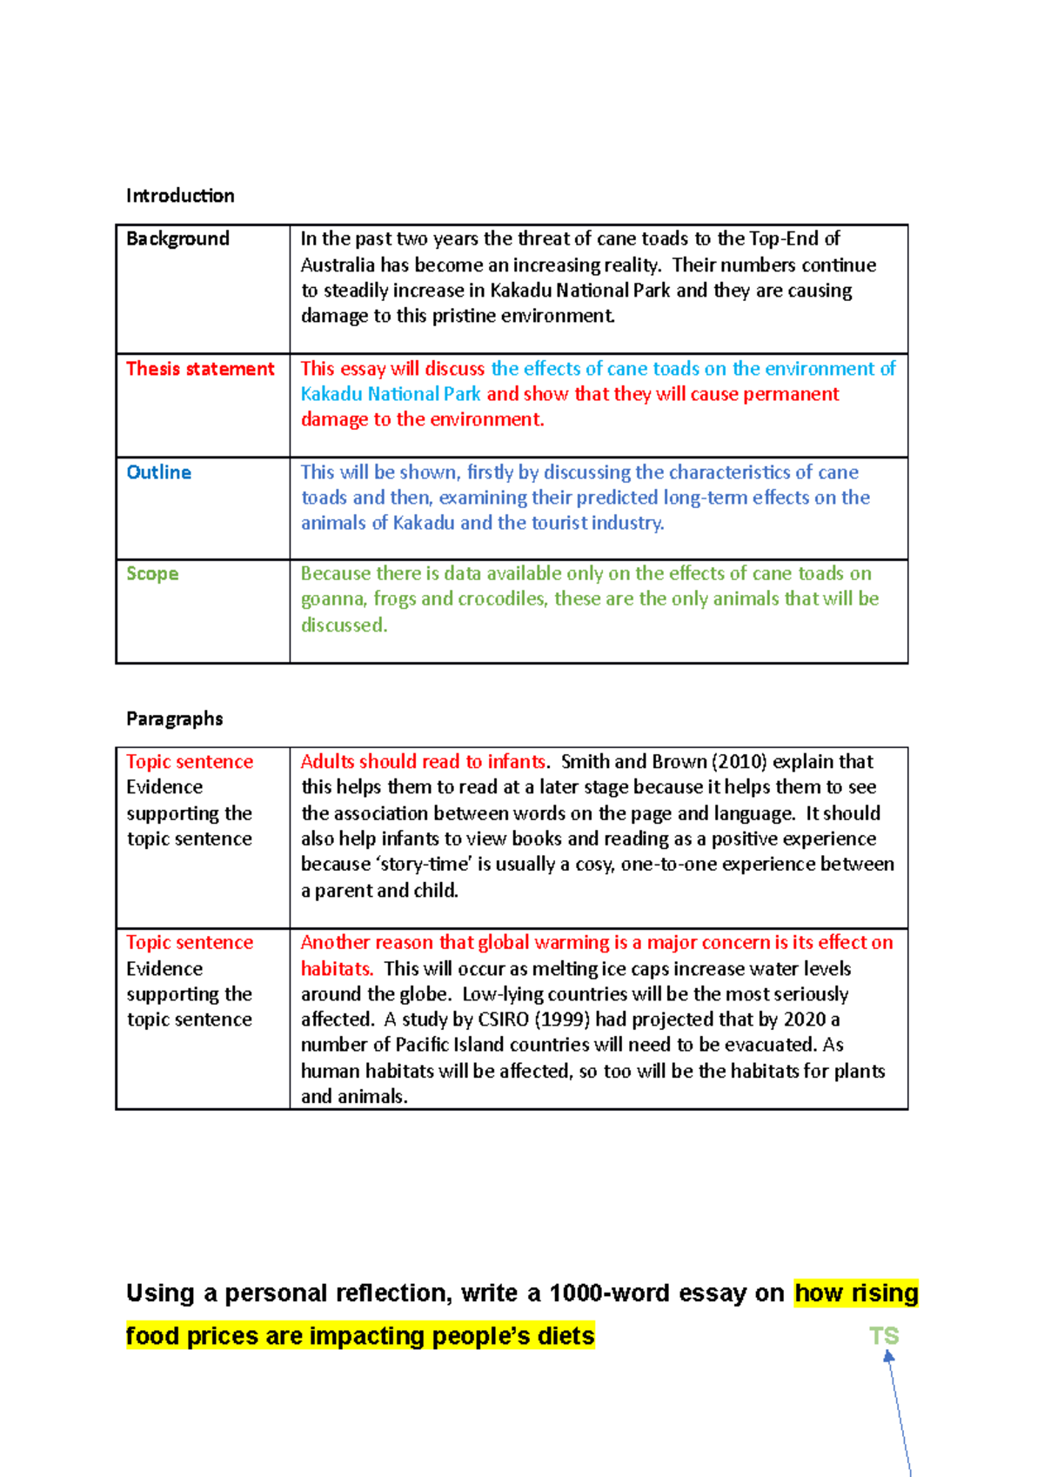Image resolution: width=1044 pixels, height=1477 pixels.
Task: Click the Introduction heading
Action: point(180,196)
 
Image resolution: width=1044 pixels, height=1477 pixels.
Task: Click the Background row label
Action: point(177,239)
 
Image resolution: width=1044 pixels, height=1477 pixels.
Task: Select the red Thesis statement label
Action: point(200,369)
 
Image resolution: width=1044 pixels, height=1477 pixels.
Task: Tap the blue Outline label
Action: point(158,472)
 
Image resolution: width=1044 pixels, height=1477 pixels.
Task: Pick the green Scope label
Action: point(152,574)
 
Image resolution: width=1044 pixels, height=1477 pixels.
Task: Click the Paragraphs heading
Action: point(174,718)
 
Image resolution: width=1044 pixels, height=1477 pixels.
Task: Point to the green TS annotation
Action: point(883,1336)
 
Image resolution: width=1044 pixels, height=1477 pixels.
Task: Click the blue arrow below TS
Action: point(898,1409)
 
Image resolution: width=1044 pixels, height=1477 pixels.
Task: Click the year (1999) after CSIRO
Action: point(562,1019)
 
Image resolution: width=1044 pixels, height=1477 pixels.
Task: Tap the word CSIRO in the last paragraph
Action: point(503,1019)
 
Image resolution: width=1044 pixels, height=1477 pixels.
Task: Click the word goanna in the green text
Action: point(332,599)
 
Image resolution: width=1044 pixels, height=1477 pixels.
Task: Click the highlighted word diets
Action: point(565,1336)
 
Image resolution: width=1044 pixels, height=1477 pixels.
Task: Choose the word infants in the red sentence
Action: point(516,762)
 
